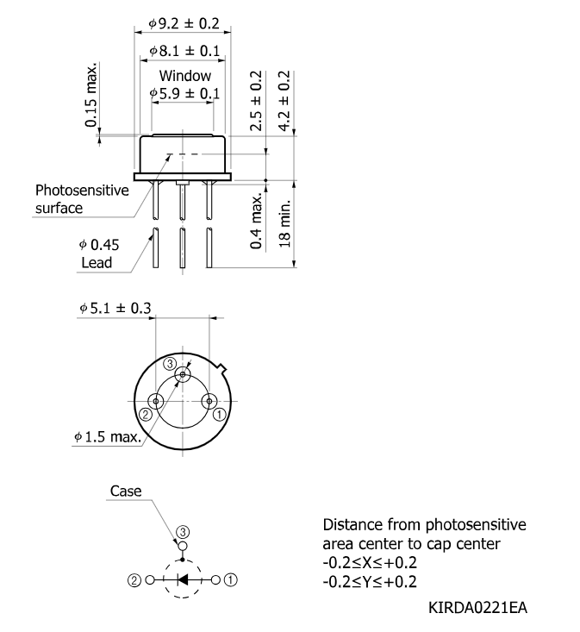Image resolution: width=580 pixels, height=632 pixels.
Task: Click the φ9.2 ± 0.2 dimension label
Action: coord(184,23)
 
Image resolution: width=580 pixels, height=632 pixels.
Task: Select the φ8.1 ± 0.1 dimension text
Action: coord(184,51)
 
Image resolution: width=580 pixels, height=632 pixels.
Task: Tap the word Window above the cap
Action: coord(185,75)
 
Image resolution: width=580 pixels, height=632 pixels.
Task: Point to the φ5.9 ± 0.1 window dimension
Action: coord(184,93)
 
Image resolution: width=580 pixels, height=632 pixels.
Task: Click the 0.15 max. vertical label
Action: coord(91,94)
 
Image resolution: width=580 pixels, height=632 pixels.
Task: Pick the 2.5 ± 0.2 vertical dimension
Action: coord(256,101)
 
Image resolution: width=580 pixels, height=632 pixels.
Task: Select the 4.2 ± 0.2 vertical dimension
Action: coord(284,101)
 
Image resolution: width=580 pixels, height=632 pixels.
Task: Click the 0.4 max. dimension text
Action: coord(256,221)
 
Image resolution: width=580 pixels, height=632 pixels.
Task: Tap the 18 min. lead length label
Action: coord(284,223)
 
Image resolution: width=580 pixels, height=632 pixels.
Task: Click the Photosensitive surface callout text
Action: coord(82,199)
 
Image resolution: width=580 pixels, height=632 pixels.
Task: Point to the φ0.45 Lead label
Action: coord(99,253)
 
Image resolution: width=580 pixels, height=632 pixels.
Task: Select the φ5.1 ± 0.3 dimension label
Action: coord(115,309)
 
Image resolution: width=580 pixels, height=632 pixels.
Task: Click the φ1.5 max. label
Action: coord(108,436)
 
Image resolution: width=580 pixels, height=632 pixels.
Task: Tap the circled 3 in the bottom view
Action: coord(170,364)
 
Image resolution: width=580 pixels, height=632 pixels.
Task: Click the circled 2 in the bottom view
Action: coord(146,415)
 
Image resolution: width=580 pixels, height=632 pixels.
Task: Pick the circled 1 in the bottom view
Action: coord(219,415)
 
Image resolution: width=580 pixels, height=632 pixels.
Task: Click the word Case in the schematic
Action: coord(126,491)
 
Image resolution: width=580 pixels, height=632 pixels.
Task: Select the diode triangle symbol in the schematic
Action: coord(183,580)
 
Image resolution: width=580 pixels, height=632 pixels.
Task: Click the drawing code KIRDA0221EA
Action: coord(477,607)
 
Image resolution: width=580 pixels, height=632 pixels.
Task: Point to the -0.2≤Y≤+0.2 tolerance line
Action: coord(370,582)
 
